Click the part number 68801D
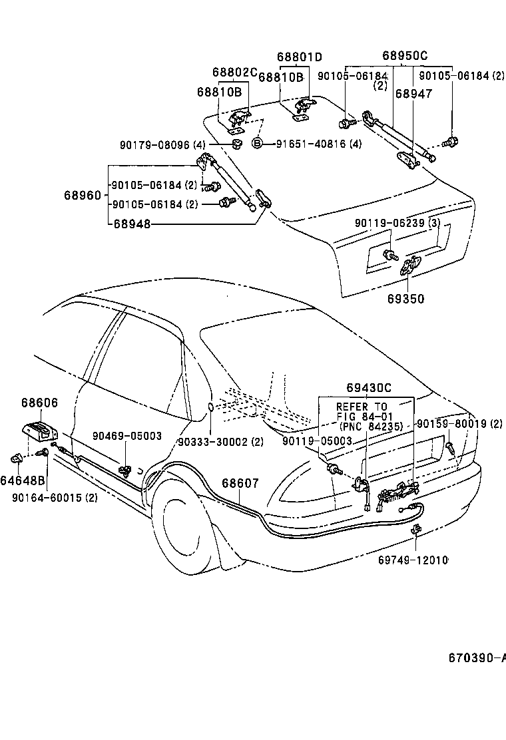tap(300, 57)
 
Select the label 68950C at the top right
tap(405, 57)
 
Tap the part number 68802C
tap(234, 72)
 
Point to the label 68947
tap(413, 94)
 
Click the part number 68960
tap(83, 195)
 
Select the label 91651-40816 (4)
tap(318, 143)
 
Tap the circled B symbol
tap(257, 143)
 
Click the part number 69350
tap(405, 299)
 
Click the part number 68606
tap(39, 403)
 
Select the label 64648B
tap(22, 480)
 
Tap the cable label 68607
tap(240, 484)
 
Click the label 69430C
tap(368, 388)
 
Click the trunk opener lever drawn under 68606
tap(41, 430)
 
